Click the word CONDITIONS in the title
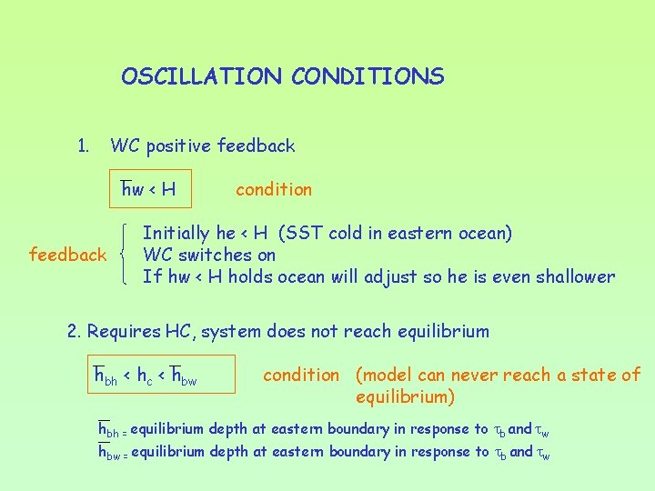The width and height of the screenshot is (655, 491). [368, 76]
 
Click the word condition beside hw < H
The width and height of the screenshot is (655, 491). [273, 189]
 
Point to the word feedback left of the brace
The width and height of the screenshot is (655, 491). [67, 255]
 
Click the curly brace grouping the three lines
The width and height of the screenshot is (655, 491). [126, 255]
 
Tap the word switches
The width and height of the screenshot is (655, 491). [214, 256]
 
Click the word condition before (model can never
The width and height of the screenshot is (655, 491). [300, 375]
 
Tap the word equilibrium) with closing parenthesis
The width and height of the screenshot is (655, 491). [405, 397]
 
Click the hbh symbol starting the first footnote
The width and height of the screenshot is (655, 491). [111, 429]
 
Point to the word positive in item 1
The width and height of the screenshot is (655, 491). [185, 145]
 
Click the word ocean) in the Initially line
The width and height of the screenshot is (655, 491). [485, 234]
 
